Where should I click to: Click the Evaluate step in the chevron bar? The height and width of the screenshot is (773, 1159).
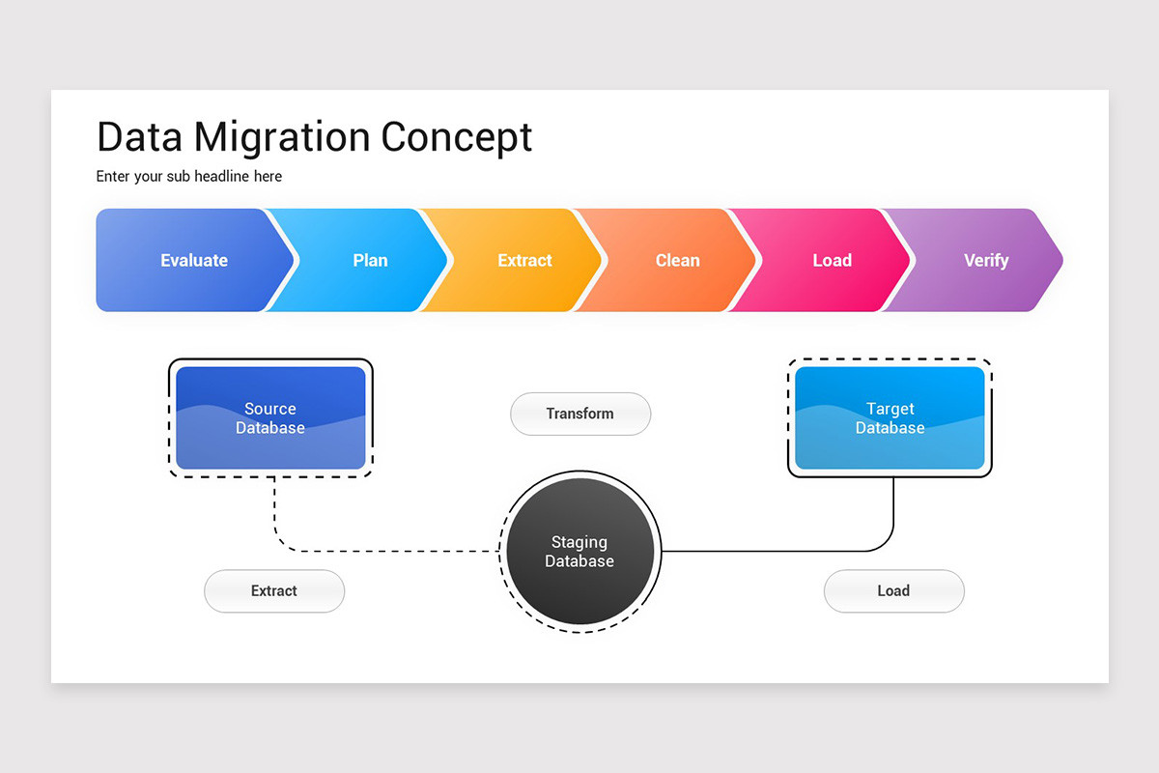[x=193, y=260]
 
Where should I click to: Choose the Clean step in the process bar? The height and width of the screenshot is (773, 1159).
[x=677, y=260]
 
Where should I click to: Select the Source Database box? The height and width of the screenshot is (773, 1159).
[x=270, y=418]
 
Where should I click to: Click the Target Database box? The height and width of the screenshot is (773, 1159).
[x=890, y=418]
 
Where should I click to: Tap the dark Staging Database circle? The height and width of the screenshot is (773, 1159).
[x=579, y=552]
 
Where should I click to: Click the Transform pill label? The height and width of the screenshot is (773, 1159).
[x=579, y=414]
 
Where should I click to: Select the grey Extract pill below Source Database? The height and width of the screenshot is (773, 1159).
[x=274, y=590]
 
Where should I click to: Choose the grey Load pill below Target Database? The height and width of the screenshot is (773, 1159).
[x=893, y=590]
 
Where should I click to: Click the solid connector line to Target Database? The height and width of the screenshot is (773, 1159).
[x=773, y=551]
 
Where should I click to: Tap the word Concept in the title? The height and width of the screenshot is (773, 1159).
[x=456, y=137]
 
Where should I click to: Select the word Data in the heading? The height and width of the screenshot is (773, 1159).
[x=140, y=137]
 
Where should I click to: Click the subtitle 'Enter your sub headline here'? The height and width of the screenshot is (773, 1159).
[x=189, y=176]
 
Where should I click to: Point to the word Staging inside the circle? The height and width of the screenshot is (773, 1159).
[x=579, y=542]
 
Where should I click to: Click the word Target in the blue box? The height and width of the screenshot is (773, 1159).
[x=890, y=409]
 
